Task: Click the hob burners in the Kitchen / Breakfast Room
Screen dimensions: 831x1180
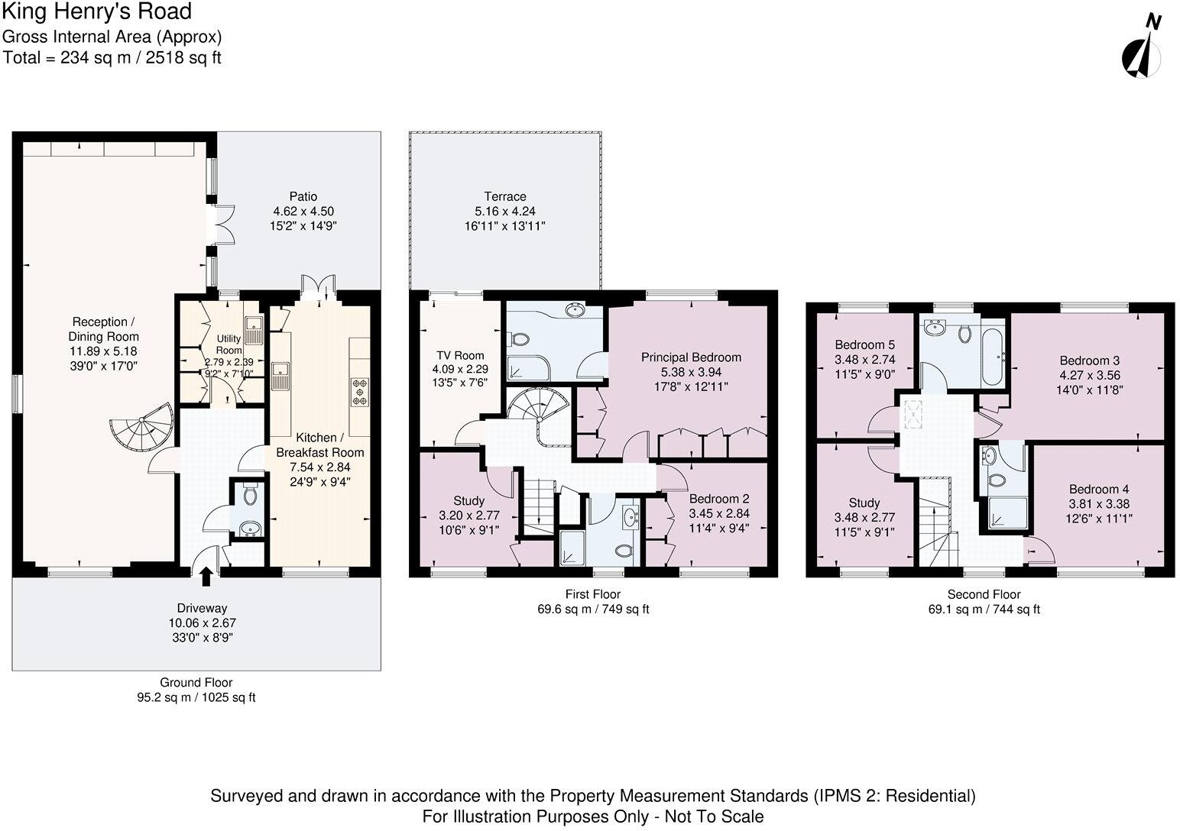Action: point(359,392)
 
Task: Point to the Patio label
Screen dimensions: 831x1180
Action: point(303,196)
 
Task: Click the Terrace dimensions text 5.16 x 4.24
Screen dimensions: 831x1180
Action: point(505,211)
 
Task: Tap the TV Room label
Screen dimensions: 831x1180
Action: point(460,355)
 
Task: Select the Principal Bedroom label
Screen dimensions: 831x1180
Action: point(691,357)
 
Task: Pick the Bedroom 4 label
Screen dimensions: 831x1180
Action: point(1099,489)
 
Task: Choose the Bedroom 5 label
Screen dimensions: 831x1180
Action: point(864,344)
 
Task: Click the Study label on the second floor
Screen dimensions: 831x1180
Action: point(864,503)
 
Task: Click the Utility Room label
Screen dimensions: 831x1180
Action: point(229,344)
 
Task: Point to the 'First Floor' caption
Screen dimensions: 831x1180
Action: point(593,594)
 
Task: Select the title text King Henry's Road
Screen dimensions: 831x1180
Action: point(97,12)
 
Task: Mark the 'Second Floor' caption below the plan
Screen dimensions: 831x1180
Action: point(984,594)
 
